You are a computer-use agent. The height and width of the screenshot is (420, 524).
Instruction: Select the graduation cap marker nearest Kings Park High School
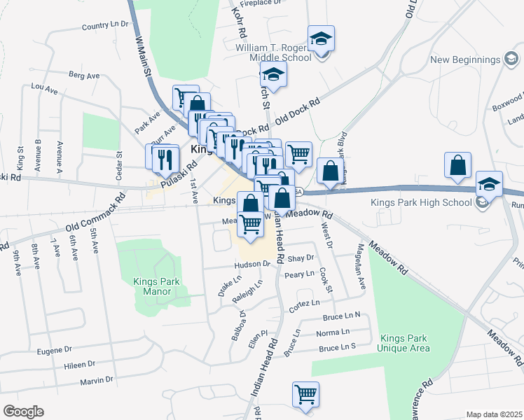point(490,184)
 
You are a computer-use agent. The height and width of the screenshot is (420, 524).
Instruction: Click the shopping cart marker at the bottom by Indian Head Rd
point(305,395)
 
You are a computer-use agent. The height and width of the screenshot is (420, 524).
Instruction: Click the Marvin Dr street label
point(97,380)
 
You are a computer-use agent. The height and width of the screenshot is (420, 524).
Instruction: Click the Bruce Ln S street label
point(338,346)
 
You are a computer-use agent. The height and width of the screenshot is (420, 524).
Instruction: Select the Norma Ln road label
point(332,332)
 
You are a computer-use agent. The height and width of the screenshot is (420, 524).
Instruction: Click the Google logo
point(23,412)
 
